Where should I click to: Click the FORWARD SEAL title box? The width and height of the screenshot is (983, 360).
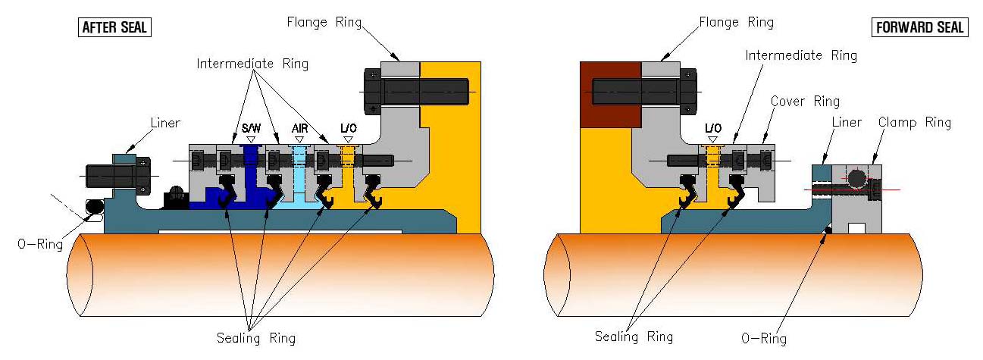pos(920,27)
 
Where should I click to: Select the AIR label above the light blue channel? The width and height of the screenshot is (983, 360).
pos(299,128)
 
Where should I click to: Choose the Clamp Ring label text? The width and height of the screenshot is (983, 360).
pos(914,122)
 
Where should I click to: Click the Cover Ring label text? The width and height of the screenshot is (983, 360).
pos(804,102)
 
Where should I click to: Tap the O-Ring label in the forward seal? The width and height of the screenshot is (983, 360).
pos(763,339)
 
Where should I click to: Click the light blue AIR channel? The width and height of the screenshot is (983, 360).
pos(299,174)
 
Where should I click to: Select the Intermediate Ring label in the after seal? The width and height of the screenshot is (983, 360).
pos(252,64)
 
